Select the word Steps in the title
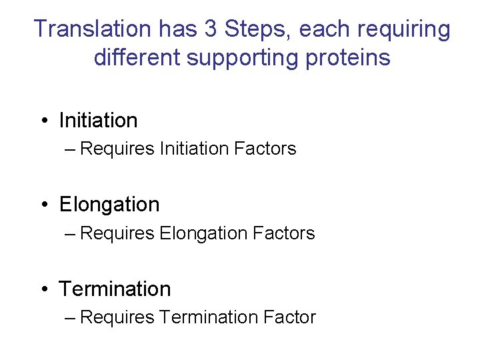pos(252,29)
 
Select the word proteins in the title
pos(350,59)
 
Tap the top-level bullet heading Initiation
pos(98,121)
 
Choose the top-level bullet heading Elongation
pos(109,205)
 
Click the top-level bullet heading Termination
pos(115,289)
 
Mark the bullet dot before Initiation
pos(43,121)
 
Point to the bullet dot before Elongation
pos(43,205)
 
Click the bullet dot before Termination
pos(43,289)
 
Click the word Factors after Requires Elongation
pos(284,233)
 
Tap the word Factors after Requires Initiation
pos(265,149)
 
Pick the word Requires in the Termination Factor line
pos(117,318)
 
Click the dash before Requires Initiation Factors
pos(71,149)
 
